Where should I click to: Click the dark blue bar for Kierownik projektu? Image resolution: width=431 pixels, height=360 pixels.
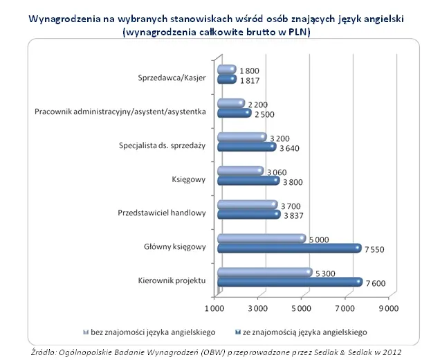tap(289, 282)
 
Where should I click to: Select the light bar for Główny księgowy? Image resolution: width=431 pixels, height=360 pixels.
tap(261, 239)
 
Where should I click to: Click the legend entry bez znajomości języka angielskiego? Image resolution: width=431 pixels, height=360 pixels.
tap(154, 330)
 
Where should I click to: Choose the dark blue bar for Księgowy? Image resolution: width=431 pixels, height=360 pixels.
tap(248, 180)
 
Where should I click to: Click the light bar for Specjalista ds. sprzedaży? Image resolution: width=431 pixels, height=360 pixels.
tap(241, 137)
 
